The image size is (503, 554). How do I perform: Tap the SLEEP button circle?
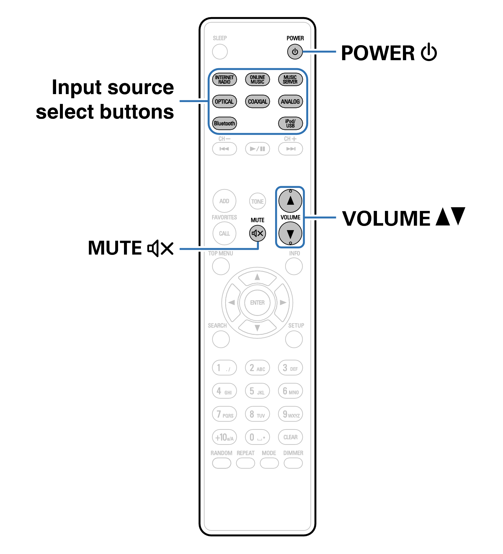coord(220,52)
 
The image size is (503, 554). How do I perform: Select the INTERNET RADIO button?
coord(224,80)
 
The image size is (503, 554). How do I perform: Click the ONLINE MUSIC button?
coord(257,80)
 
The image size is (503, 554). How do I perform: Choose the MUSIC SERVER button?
coord(290,80)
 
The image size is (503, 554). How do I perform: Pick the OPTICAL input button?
coord(224,101)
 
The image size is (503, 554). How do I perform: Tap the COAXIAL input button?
coord(257,101)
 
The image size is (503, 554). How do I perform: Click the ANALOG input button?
coord(290,101)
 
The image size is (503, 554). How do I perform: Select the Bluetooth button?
coord(224,123)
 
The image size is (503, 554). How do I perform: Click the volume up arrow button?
coord(290,201)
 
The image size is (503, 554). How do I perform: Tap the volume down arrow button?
coord(290,234)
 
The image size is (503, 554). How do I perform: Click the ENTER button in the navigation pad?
coord(257,303)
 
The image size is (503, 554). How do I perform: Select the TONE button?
coord(257,201)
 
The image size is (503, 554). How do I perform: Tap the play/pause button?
coord(257,149)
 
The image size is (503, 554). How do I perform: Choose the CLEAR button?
coord(290,437)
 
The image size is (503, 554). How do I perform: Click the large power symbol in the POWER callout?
coord(429,53)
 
